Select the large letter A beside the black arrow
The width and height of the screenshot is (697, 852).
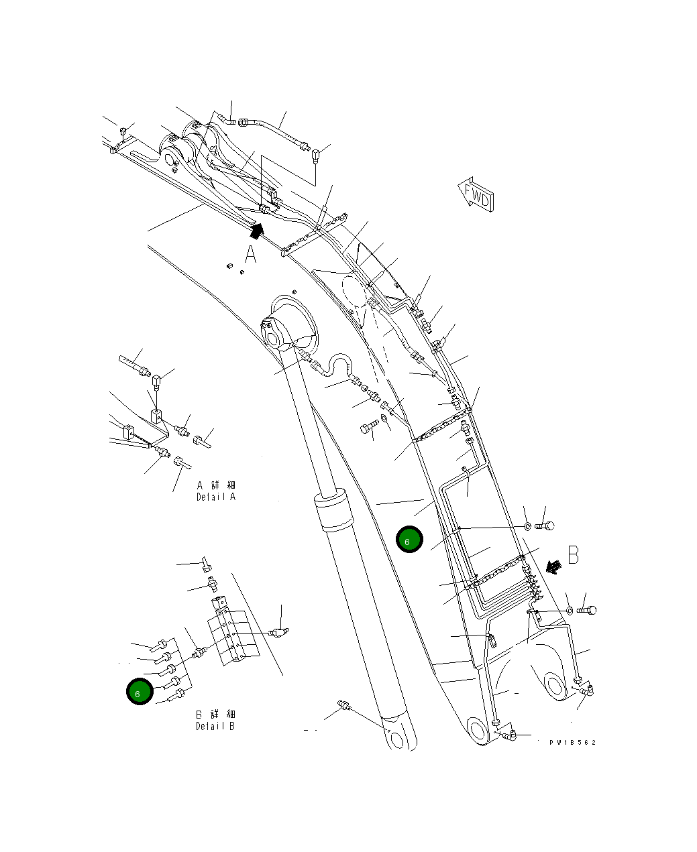coord(250,255)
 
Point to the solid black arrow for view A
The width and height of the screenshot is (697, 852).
coord(255,231)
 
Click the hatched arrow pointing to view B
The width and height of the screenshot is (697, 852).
coord(553,567)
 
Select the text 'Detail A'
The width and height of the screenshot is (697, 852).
coord(216,497)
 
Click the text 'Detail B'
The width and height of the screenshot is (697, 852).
coord(215,727)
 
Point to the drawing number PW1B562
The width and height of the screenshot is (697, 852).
coord(572,743)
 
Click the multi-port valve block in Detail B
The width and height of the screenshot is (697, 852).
coord(231,633)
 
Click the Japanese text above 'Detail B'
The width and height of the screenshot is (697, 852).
coord(215,715)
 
